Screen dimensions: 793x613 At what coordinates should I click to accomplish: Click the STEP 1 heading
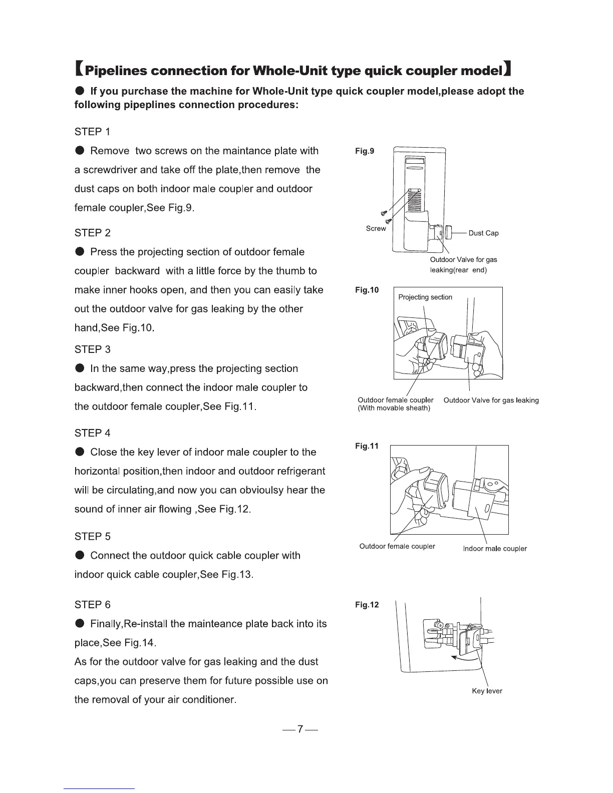click(92, 132)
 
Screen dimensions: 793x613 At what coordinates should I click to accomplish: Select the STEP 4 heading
click(92, 433)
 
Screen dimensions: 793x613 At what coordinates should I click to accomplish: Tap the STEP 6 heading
click(92, 605)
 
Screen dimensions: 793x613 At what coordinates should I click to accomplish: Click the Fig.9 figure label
click(364, 151)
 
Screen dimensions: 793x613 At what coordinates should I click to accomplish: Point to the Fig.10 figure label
click(367, 290)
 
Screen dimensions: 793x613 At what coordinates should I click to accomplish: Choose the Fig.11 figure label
click(367, 446)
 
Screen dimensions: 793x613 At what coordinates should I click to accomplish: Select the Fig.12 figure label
click(367, 605)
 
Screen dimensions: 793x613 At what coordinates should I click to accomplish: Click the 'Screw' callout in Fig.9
click(376, 229)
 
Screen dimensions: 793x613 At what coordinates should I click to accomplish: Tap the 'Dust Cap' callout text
click(483, 233)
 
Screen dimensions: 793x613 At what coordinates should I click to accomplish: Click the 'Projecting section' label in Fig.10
click(425, 297)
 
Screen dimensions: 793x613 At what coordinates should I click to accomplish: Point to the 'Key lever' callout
click(487, 691)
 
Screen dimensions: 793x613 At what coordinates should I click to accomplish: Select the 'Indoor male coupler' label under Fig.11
click(494, 549)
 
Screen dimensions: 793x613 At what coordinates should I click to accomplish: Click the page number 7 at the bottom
click(299, 729)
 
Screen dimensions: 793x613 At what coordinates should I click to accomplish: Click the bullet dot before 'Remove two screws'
click(80, 151)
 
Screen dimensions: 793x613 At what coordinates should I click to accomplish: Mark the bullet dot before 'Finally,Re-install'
click(80, 624)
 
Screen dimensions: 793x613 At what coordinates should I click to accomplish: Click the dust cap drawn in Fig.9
click(449, 232)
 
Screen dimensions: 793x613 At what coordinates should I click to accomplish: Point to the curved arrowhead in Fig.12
click(454, 658)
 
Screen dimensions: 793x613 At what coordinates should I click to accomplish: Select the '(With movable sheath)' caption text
click(394, 408)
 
